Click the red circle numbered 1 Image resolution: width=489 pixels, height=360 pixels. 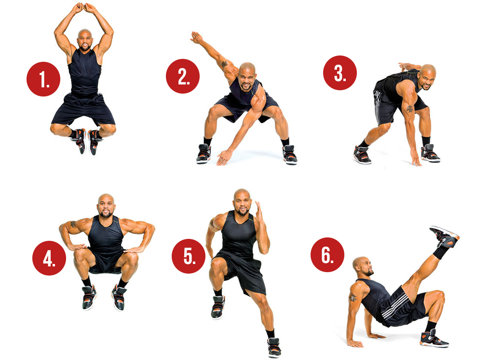click(43, 79)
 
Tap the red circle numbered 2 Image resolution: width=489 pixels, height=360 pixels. click(183, 76)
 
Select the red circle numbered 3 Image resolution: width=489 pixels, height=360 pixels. click(340, 73)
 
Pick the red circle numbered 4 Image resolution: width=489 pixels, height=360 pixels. click(49, 258)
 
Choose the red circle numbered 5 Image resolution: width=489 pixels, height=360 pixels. click(189, 256)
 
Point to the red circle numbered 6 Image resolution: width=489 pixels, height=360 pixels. click(327, 255)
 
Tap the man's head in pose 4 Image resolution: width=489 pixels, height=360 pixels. click(106, 205)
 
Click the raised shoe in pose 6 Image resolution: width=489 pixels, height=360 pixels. click(445, 236)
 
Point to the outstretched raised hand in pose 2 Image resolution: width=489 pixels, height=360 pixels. click(196, 38)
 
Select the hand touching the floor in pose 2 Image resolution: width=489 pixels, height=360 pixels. click(224, 157)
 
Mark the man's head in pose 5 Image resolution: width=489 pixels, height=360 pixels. click(242, 202)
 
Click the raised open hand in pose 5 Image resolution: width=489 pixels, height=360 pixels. click(259, 210)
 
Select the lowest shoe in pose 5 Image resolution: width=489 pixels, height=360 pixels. click(274, 347)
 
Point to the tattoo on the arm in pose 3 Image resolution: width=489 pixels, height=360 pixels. click(409, 109)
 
